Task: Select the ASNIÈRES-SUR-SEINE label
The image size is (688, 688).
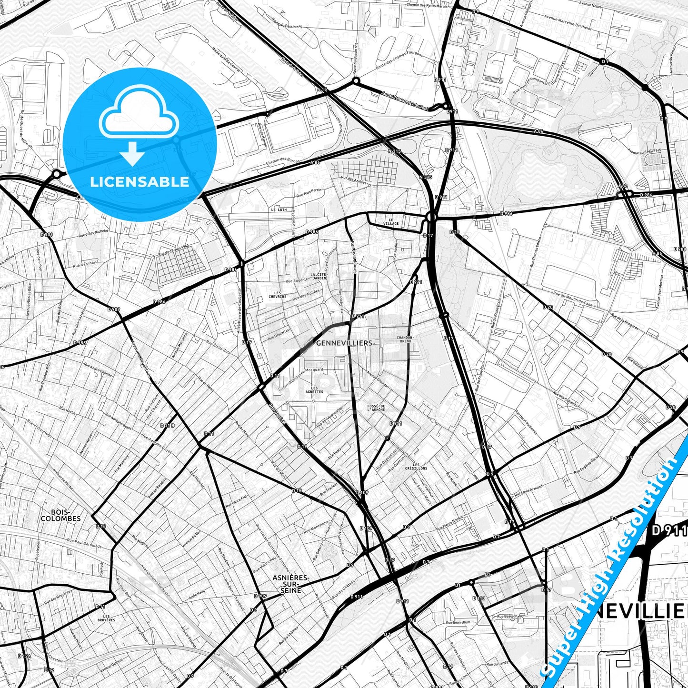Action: pos(291,584)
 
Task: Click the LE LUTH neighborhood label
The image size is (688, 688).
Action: pos(279,209)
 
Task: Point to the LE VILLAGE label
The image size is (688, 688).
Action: pos(391,221)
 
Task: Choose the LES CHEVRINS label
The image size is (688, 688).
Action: pos(277,294)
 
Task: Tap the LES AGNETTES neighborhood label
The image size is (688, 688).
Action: pos(314,390)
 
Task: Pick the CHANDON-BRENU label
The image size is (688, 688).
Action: pos(406,339)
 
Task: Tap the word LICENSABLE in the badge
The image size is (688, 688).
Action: pos(140,182)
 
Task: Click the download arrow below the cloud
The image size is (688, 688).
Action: pos(133,153)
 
